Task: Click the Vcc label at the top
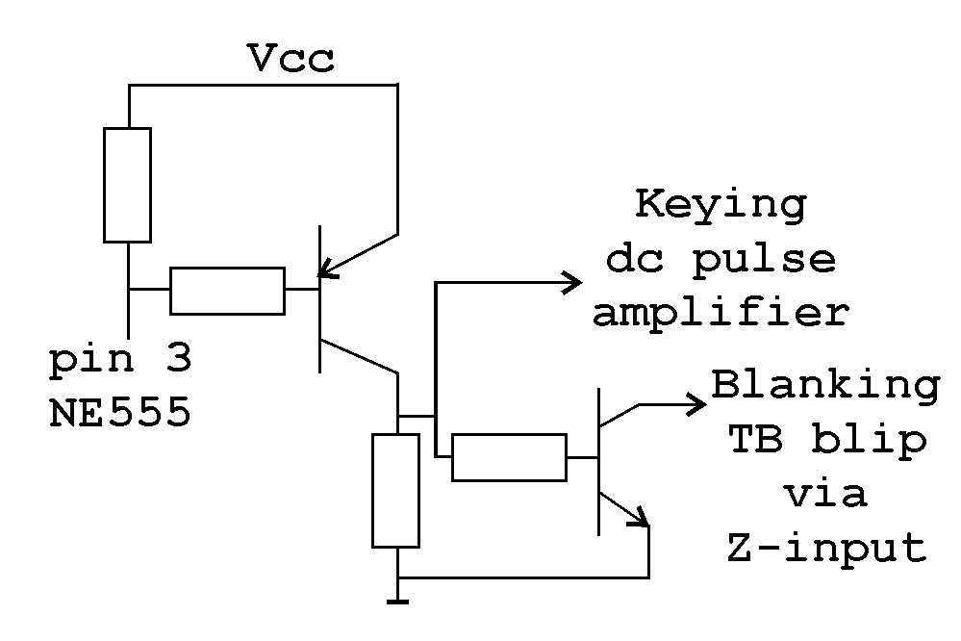click(x=291, y=60)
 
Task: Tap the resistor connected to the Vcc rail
click(x=127, y=184)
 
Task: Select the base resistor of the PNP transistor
click(x=227, y=292)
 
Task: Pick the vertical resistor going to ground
click(x=396, y=490)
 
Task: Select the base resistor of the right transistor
click(x=509, y=457)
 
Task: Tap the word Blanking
click(x=825, y=386)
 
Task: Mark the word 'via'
click(x=824, y=494)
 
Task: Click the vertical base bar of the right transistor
click(x=598, y=460)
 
